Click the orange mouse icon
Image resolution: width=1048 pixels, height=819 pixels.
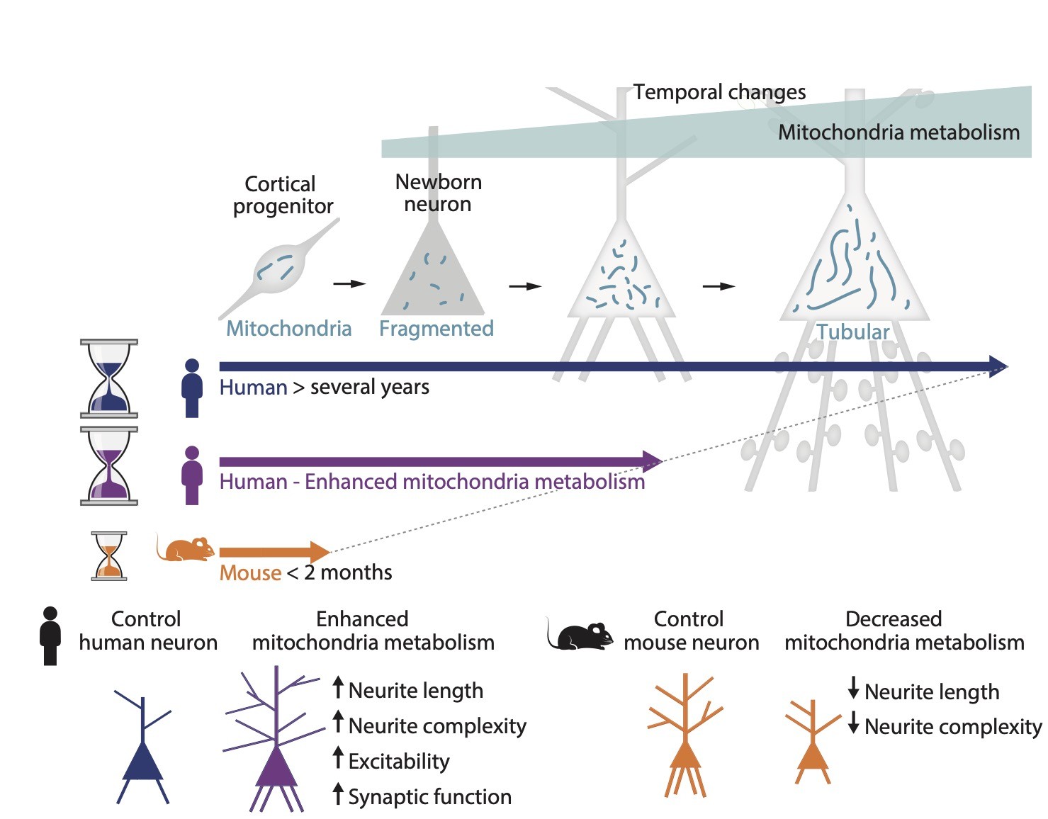pos(186,548)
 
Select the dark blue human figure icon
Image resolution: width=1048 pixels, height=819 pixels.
pos(191,388)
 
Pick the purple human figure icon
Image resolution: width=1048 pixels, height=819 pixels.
pos(191,475)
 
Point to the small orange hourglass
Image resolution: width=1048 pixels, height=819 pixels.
pos(109,556)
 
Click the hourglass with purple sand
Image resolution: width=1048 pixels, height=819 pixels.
pos(109,465)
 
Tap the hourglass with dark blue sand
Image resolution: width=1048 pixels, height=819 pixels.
pos(109,378)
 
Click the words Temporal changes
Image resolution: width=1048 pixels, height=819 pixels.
pos(719,92)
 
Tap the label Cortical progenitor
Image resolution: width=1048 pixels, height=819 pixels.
pos(282,195)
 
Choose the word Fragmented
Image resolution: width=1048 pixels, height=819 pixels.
pos(436,328)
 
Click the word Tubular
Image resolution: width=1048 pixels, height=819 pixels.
pos(852,332)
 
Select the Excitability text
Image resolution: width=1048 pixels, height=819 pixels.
pos(399,761)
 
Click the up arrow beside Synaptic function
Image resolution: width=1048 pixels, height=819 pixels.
pos(338,793)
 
